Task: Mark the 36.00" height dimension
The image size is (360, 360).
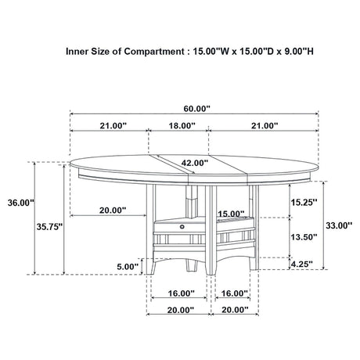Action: coord(19,202)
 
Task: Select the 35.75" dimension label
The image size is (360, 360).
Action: coord(49,226)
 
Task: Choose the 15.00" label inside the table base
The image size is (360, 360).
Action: coord(229,214)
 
